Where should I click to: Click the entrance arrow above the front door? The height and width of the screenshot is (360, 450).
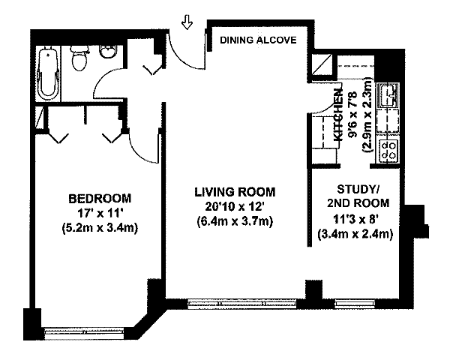[187, 22]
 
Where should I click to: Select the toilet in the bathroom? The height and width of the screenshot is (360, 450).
[79, 58]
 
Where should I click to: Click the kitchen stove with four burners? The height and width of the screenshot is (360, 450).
[388, 150]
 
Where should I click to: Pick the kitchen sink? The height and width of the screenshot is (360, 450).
[388, 94]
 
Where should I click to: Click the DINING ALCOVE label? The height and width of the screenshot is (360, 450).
[258, 40]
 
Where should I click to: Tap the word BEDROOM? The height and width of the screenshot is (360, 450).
[100, 198]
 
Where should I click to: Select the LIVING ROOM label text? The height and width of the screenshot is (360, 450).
[235, 192]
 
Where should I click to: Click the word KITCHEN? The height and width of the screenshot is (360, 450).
[339, 115]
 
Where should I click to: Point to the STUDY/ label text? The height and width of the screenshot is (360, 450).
[358, 189]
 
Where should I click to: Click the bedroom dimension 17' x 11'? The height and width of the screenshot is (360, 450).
[100, 213]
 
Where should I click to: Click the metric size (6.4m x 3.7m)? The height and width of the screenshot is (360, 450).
[235, 221]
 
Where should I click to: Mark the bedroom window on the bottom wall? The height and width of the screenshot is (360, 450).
[84, 333]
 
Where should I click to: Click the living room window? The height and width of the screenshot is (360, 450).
[242, 304]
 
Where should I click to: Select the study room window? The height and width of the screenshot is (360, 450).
[355, 304]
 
